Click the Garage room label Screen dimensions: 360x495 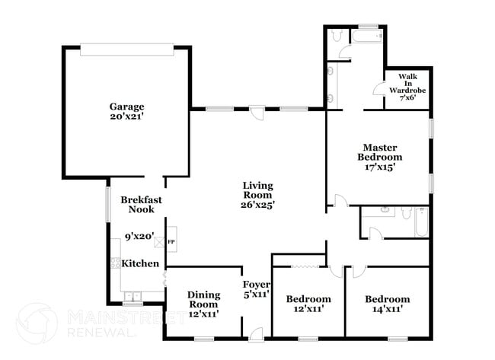126,112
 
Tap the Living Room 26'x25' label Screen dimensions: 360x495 258,195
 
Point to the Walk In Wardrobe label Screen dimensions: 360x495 406,86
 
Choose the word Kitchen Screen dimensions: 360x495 141,263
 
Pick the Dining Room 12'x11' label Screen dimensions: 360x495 203,304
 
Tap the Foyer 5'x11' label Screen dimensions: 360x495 256,288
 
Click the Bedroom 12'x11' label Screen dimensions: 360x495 308,304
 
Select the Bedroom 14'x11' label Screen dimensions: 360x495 387,304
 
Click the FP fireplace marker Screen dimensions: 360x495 171,242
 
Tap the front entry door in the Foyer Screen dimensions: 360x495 256,333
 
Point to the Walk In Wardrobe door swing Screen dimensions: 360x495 378,87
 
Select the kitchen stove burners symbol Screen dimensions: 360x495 116,264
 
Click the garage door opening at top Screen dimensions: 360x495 126,49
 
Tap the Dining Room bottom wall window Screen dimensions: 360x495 203,338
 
